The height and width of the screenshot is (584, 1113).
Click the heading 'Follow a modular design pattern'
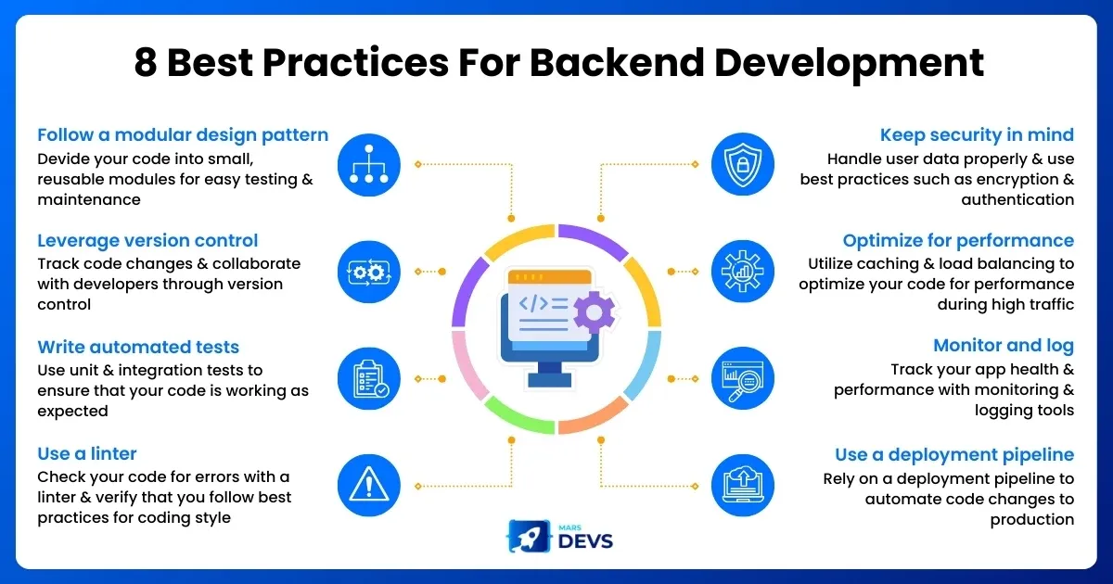(183, 135)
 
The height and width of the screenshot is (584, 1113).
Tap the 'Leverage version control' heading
(147, 241)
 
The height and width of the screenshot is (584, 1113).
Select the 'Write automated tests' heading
(138, 348)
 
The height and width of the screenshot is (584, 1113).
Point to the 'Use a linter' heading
(87, 453)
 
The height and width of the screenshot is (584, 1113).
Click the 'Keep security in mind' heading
(977, 135)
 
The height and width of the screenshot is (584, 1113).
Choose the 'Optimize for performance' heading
(958, 241)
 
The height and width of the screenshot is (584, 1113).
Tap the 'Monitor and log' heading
(1004, 346)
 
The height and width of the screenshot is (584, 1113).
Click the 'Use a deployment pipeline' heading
(954, 454)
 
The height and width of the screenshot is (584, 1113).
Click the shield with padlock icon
(742, 164)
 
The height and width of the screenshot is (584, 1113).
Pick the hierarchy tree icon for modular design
(370, 164)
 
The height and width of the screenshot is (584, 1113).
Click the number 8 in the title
(146, 63)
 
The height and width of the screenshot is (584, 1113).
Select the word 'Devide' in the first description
(68, 159)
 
